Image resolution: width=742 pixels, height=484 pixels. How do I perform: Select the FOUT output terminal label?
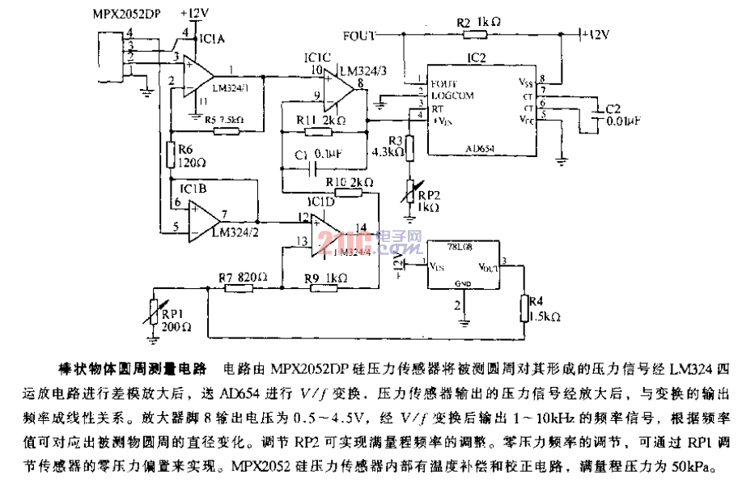point(359,36)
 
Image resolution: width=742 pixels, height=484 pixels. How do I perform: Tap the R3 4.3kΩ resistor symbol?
point(409,148)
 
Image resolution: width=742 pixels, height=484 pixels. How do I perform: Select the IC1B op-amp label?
point(194,189)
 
